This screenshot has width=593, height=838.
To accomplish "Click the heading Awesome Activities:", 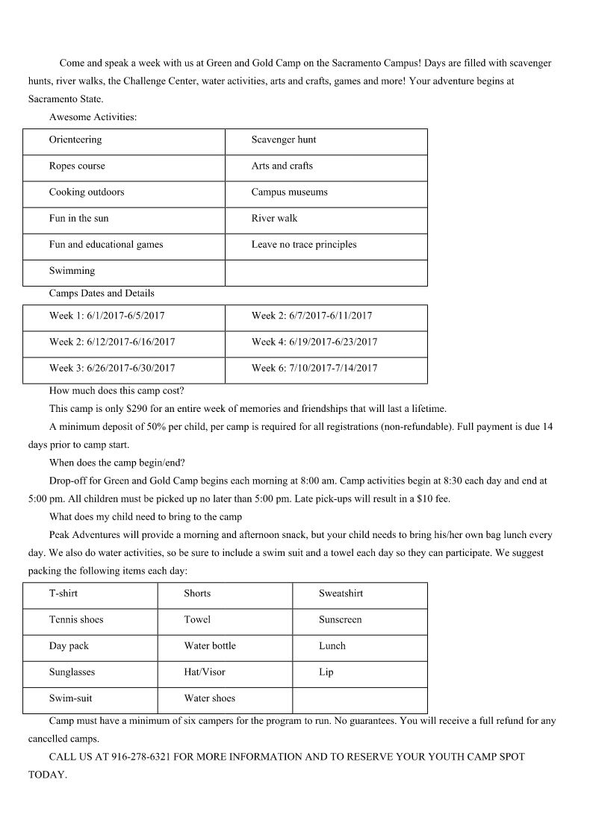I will tap(93, 117).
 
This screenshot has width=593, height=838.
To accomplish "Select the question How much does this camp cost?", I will tap(117, 391).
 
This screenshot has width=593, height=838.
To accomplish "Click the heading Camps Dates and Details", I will tap(102, 293).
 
